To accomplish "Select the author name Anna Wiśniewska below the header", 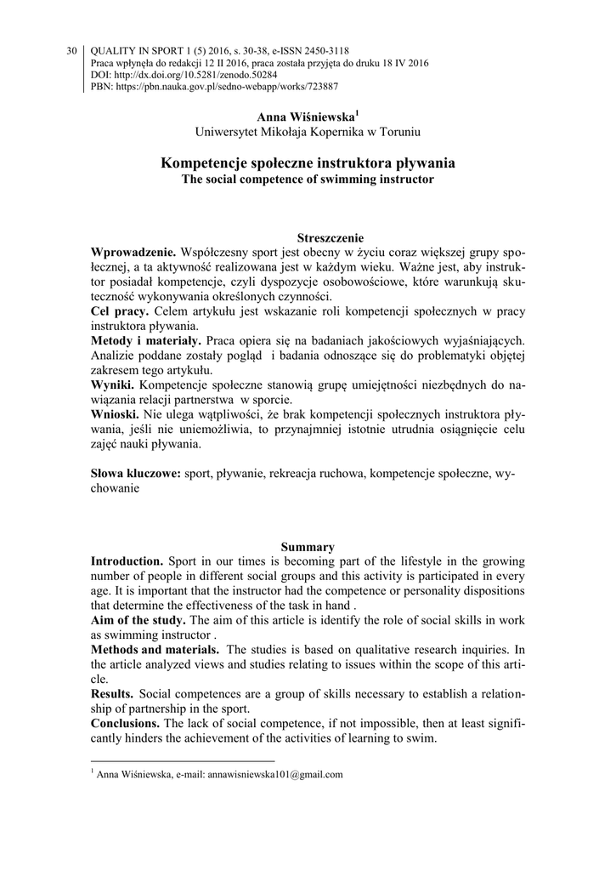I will (x=306, y=116).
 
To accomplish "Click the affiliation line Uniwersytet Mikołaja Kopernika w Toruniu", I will (x=308, y=132).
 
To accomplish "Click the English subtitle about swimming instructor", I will (x=308, y=179).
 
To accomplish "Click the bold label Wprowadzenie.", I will (x=133, y=253).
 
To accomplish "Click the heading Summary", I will (x=308, y=547).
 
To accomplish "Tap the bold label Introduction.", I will (x=127, y=562).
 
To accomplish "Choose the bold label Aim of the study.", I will (x=138, y=621).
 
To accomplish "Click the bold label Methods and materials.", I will (x=154, y=651).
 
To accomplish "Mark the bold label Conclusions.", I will (x=128, y=724).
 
